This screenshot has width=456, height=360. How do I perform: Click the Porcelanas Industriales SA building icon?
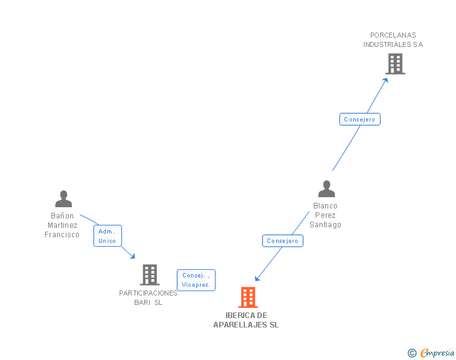click(395, 64)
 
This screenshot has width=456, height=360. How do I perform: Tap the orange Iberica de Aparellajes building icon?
click(248, 297)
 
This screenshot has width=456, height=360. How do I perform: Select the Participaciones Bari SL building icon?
click(149, 275)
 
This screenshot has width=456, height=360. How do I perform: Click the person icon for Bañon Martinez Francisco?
click(63, 199)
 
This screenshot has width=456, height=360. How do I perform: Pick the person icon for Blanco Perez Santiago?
click(326, 189)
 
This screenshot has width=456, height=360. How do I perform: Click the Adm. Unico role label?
click(107, 236)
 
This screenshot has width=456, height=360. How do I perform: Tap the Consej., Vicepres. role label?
click(196, 280)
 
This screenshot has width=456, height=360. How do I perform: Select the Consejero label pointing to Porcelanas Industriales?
click(360, 119)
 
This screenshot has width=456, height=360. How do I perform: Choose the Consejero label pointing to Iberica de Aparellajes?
click(282, 241)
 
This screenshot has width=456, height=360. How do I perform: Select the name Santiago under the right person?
click(325, 225)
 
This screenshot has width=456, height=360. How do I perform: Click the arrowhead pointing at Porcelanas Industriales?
click(386, 79)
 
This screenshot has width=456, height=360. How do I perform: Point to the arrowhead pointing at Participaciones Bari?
click(133, 256)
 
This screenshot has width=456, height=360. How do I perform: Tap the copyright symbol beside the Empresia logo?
click(412, 354)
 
